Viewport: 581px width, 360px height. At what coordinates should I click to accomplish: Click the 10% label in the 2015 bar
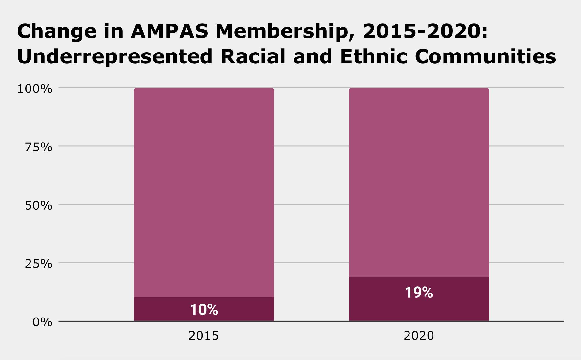(204, 310)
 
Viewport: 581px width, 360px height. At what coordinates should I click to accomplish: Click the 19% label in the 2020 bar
(419, 293)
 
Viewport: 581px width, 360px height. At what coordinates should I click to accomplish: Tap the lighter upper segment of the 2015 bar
(204, 191)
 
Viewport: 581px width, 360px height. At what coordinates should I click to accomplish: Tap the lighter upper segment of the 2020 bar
(419, 182)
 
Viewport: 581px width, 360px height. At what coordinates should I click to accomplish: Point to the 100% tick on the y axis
(35, 89)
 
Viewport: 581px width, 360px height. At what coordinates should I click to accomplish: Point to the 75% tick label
(39, 147)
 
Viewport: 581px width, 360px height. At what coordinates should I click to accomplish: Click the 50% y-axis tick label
(39, 205)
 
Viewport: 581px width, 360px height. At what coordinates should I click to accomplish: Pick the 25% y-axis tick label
(39, 264)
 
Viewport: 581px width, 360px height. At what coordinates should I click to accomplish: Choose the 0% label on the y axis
(42, 322)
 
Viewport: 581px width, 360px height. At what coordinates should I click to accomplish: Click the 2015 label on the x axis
(204, 336)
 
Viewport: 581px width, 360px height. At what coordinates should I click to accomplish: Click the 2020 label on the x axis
(419, 336)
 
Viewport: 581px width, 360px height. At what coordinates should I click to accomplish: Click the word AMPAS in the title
(169, 31)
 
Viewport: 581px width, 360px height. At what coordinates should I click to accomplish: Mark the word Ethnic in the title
(374, 56)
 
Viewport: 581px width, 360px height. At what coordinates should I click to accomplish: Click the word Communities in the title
(485, 56)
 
